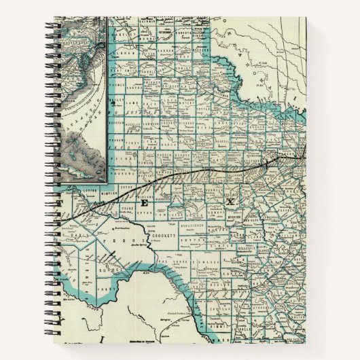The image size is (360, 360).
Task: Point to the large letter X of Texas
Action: (x=230, y=202)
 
